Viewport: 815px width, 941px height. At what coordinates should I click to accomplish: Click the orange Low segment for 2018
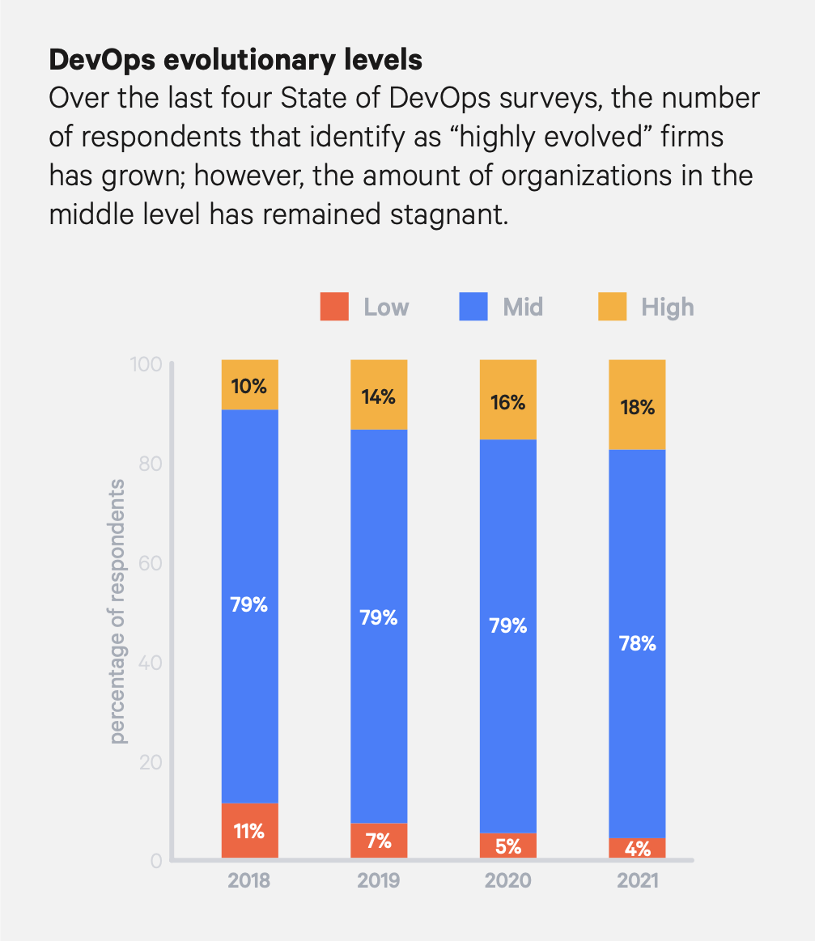coord(249,830)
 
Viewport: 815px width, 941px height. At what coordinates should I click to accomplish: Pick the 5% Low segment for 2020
coord(508,845)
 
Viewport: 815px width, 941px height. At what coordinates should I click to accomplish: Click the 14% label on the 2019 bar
coord(379,396)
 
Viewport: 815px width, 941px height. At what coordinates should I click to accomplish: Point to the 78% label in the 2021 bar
coord(638,645)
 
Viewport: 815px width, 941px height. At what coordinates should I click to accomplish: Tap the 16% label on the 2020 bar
coord(508,402)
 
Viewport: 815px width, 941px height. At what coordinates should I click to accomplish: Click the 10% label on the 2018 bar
coord(249,386)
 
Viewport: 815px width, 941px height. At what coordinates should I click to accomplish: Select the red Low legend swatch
coord(334,307)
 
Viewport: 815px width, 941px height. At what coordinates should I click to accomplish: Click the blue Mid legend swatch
coord(473,307)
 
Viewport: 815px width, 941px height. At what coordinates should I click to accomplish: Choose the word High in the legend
coord(668,307)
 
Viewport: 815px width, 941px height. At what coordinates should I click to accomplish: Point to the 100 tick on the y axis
coord(146,364)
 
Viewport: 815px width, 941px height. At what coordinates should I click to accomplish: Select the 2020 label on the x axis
coord(508,880)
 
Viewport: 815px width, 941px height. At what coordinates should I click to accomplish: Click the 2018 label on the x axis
coord(249,880)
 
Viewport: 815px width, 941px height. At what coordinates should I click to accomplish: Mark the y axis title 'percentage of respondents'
coord(118,611)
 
